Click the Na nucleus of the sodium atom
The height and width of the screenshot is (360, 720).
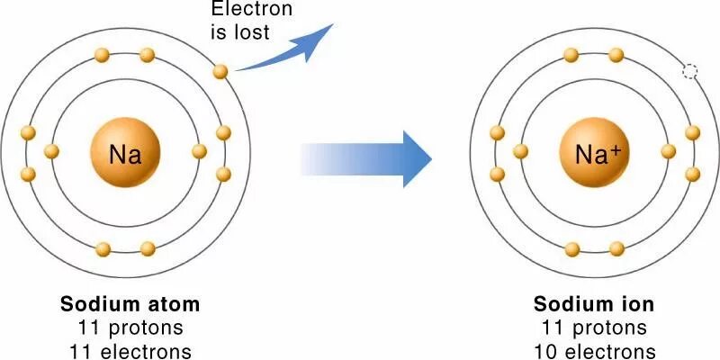click(x=125, y=154)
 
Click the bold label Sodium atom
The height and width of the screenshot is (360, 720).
click(x=130, y=304)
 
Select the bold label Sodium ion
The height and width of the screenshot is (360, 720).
click(x=594, y=304)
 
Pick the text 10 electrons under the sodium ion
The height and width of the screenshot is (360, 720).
click(x=594, y=349)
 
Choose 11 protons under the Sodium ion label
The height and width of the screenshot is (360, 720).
click(x=594, y=327)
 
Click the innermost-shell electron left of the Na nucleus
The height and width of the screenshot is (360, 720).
click(x=51, y=151)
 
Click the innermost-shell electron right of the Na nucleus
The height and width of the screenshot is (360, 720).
click(x=200, y=151)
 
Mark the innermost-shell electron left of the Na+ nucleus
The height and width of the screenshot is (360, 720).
click(x=520, y=151)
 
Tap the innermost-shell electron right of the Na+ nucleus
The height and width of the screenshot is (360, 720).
click(x=668, y=151)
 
